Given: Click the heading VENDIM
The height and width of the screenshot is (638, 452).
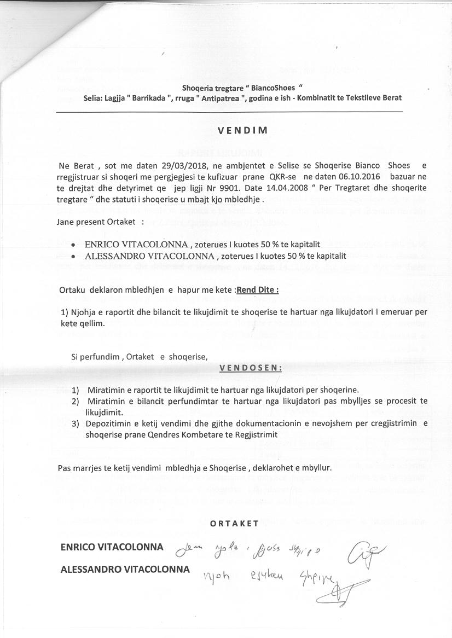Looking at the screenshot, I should click(242, 131).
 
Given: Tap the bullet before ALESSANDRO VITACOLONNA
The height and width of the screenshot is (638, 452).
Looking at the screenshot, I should click(74, 256).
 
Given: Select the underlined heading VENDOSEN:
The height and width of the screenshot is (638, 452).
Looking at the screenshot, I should click(251, 368).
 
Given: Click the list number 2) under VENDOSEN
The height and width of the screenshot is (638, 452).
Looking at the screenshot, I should click(76, 401).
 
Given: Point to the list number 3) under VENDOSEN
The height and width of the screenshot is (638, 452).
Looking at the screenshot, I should click(76, 424).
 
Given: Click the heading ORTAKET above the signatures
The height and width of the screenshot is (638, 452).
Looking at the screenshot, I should click(234, 523).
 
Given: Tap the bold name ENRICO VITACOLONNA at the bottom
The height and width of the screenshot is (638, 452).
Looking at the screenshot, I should click(112, 547).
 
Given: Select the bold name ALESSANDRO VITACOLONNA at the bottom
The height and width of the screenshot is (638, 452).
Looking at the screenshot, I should click(125, 569).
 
